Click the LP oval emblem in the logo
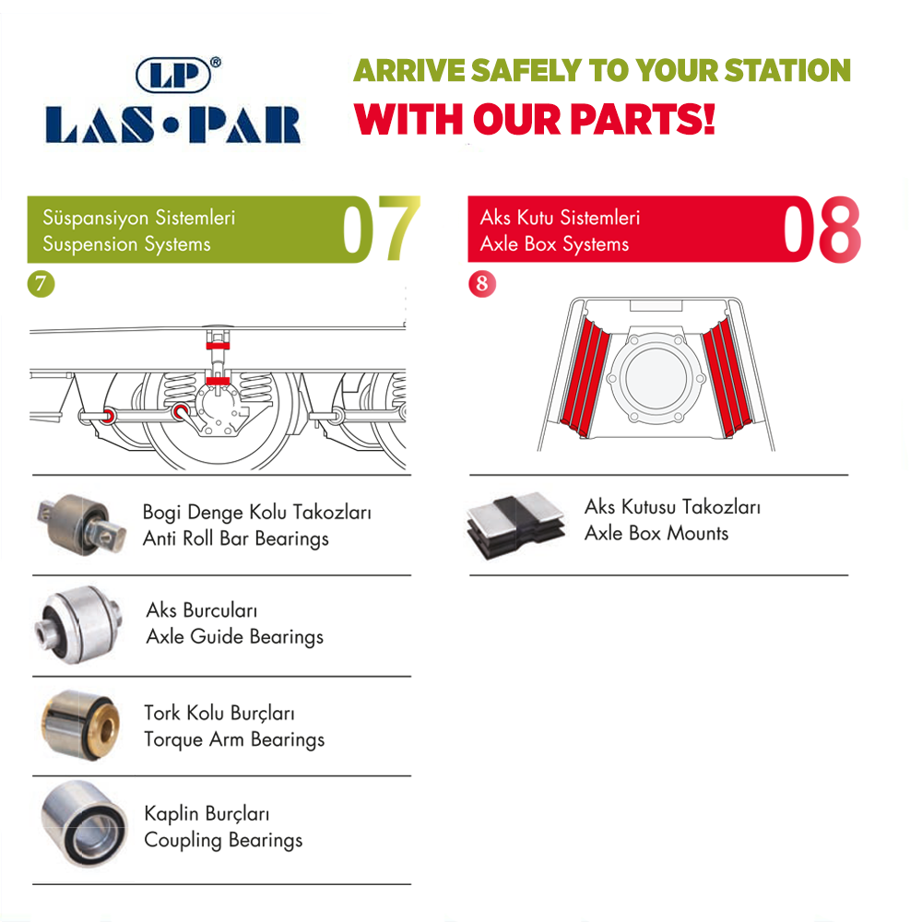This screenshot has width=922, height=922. pyautogui.click(x=173, y=75)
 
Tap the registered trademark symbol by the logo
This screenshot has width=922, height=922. pyautogui.click(x=216, y=62)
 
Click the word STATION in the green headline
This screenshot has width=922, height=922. pyautogui.click(x=787, y=71)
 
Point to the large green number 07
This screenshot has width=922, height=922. pyautogui.click(x=381, y=229)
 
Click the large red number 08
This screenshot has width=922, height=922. pyautogui.click(x=822, y=229)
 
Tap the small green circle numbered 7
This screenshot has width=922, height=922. pyautogui.click(x=41, y=284)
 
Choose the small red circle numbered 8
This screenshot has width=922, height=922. pyautogui.click(x=482, y=284)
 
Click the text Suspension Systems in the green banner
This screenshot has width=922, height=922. pyautogui.click(x=126, y=244)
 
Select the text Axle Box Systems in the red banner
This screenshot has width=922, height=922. pyautogui.click(x=554, y=244)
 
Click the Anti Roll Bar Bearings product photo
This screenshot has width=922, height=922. pyautogui.click(x=81, y=524)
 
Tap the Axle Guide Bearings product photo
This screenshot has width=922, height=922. pyautogui.click(x=78, y=624)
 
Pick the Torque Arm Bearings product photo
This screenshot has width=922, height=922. pyautogui.click(x=80, y=725)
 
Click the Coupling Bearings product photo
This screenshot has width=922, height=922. pyautogui.click(x=84, y=823)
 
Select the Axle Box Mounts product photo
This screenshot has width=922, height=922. pyautogui.click(x=515, y=525)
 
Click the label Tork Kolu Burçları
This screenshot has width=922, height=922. pyautogui.click(x=219, y=714)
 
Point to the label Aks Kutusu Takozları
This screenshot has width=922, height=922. pyautogui.click(x=672, y=507)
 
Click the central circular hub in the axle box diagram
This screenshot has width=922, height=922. pyautogui.click(x=656, y=377)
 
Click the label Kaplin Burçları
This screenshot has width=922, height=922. pyautogui.click(x=207, y=814)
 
